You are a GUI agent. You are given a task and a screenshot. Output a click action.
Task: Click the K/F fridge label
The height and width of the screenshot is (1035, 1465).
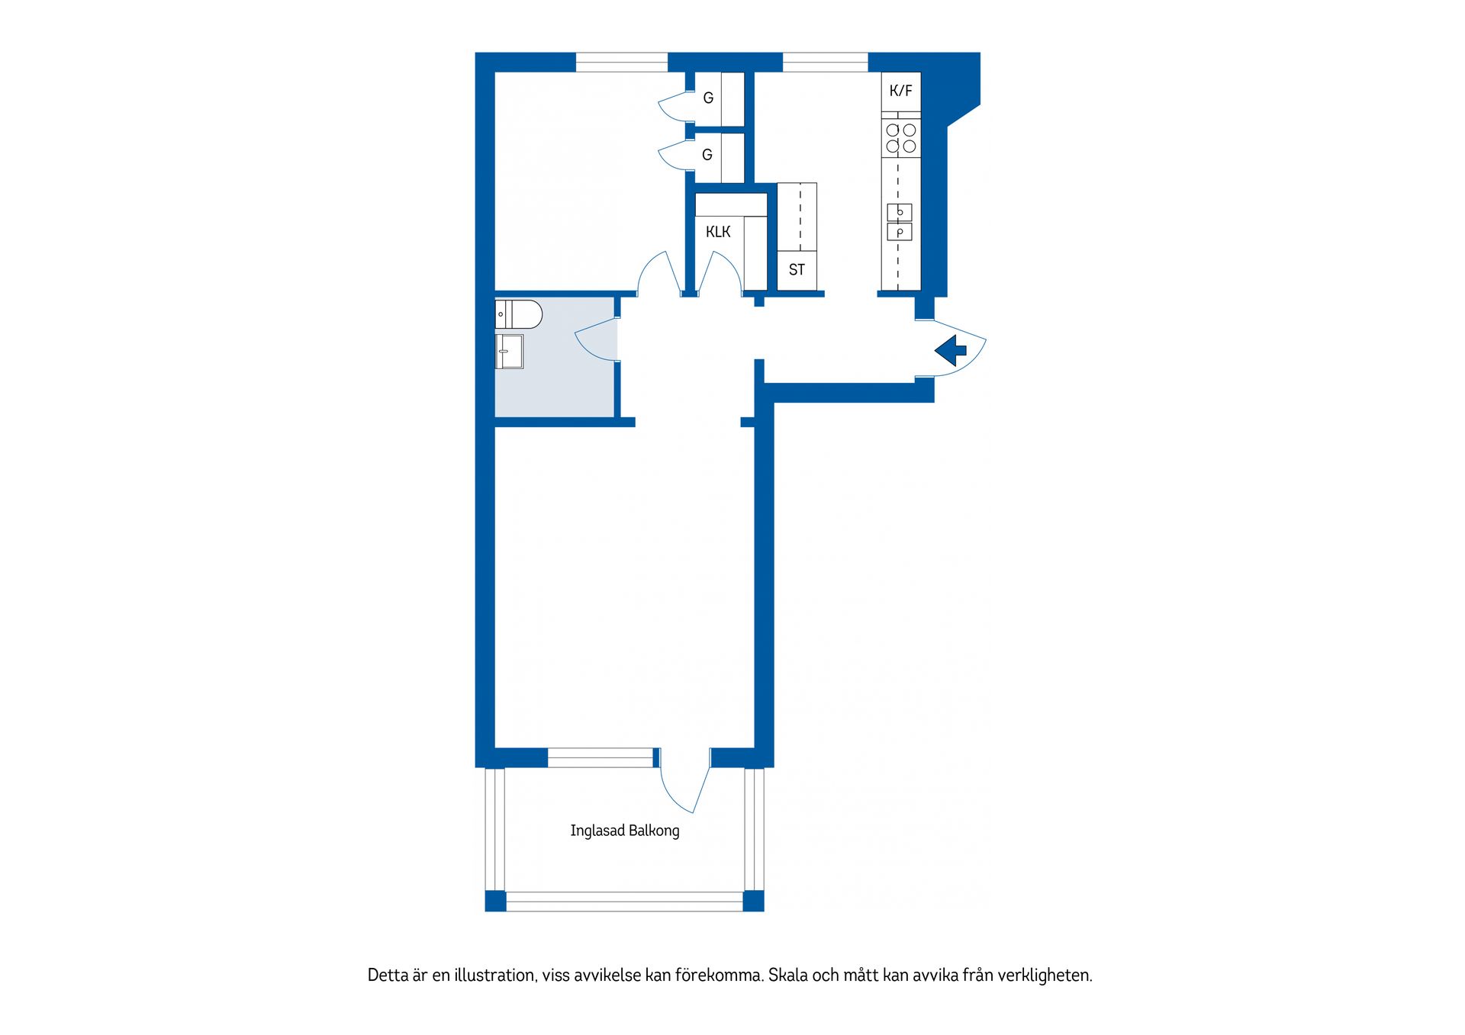pyautogui.click(x=900, y=92)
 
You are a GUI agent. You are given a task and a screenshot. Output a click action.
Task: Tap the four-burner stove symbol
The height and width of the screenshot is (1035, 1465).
pyautogui.click(x=900, y=138)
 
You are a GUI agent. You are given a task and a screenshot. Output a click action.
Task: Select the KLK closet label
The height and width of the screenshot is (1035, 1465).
pyautogui.click(x=718, y=232)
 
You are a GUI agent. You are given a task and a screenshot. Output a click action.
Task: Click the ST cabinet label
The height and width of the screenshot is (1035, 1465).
pyautogui.click(x=797, y=270)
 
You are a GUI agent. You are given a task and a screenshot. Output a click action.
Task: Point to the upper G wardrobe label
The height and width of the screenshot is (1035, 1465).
pyautogui.click(x=708, y=98)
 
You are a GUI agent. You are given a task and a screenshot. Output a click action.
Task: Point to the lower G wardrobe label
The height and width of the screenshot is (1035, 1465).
pyautogui.click(x=707, y=156)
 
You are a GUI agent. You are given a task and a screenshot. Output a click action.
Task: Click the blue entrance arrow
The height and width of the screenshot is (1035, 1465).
pyautogui.click(x=951, y=351)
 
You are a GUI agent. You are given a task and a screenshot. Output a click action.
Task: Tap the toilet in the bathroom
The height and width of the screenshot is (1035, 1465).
pyautogui.click(x=519, y=313)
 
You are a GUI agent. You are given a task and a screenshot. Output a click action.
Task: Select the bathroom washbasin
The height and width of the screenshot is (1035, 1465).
pyautogui.click(x=509, y=352)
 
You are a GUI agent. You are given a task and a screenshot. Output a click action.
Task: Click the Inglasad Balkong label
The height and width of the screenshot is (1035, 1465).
pyautogui.click(x=624, y=831)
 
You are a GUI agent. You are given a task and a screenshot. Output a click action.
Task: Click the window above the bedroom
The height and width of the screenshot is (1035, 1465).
pyautogui.click(x=621, y=62)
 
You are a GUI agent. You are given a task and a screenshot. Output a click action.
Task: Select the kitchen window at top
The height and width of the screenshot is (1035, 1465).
pyautogui.click(x=825, y=62)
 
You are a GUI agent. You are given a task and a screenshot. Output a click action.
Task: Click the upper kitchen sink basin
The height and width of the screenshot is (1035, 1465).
pyautogui.click(x=900, y=212)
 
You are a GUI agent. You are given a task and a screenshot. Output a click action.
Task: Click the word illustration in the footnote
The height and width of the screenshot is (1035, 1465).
pyautogui.click(x=495, y=976)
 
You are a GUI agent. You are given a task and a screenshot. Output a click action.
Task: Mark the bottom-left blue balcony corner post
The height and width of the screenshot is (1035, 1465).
pyautogui.click(x=495, y=901)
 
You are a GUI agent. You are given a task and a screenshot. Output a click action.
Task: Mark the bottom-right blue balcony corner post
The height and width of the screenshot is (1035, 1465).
pyautogui.click(x=753, y=901)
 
